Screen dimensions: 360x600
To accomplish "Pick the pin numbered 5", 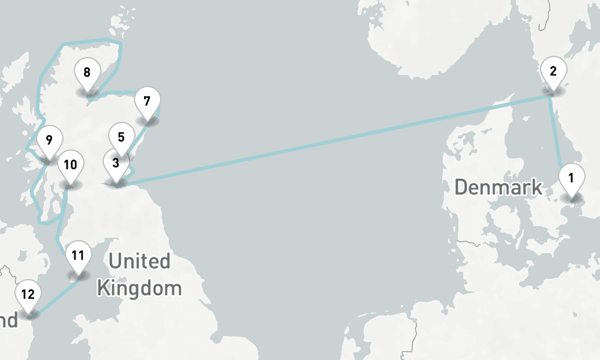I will click(121, 137).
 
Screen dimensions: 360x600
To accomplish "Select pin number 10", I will click(70, 165).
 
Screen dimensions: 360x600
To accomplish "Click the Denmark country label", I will click(498, 187).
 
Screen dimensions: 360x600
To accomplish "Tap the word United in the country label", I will click(139, 262).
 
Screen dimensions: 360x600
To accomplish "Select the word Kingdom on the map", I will click(139, 288).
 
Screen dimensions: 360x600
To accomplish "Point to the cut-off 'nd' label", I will click(8, 320).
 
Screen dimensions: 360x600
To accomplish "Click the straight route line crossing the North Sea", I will click(336, 139).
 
